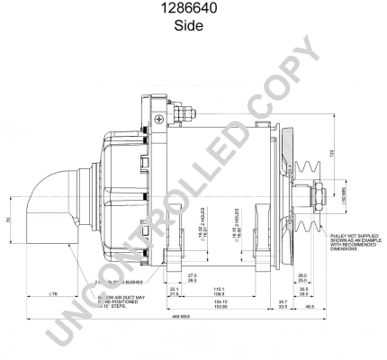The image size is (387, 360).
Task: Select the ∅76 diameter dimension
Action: click(x=53, y=293)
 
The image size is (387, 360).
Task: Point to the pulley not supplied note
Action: click(x=350, y=239)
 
